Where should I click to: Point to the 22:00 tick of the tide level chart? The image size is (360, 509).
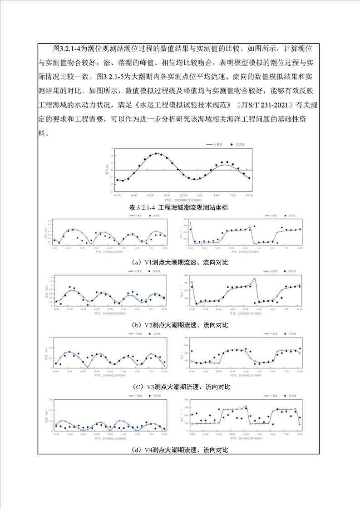point(183,195)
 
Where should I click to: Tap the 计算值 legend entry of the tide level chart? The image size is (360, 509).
point(215,145)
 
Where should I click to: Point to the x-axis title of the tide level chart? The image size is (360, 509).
point(183,200)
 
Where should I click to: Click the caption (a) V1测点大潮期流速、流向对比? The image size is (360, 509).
point(180,263)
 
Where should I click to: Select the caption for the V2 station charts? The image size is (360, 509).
point(180,325)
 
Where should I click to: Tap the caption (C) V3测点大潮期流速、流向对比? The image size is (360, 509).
point(180,387)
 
